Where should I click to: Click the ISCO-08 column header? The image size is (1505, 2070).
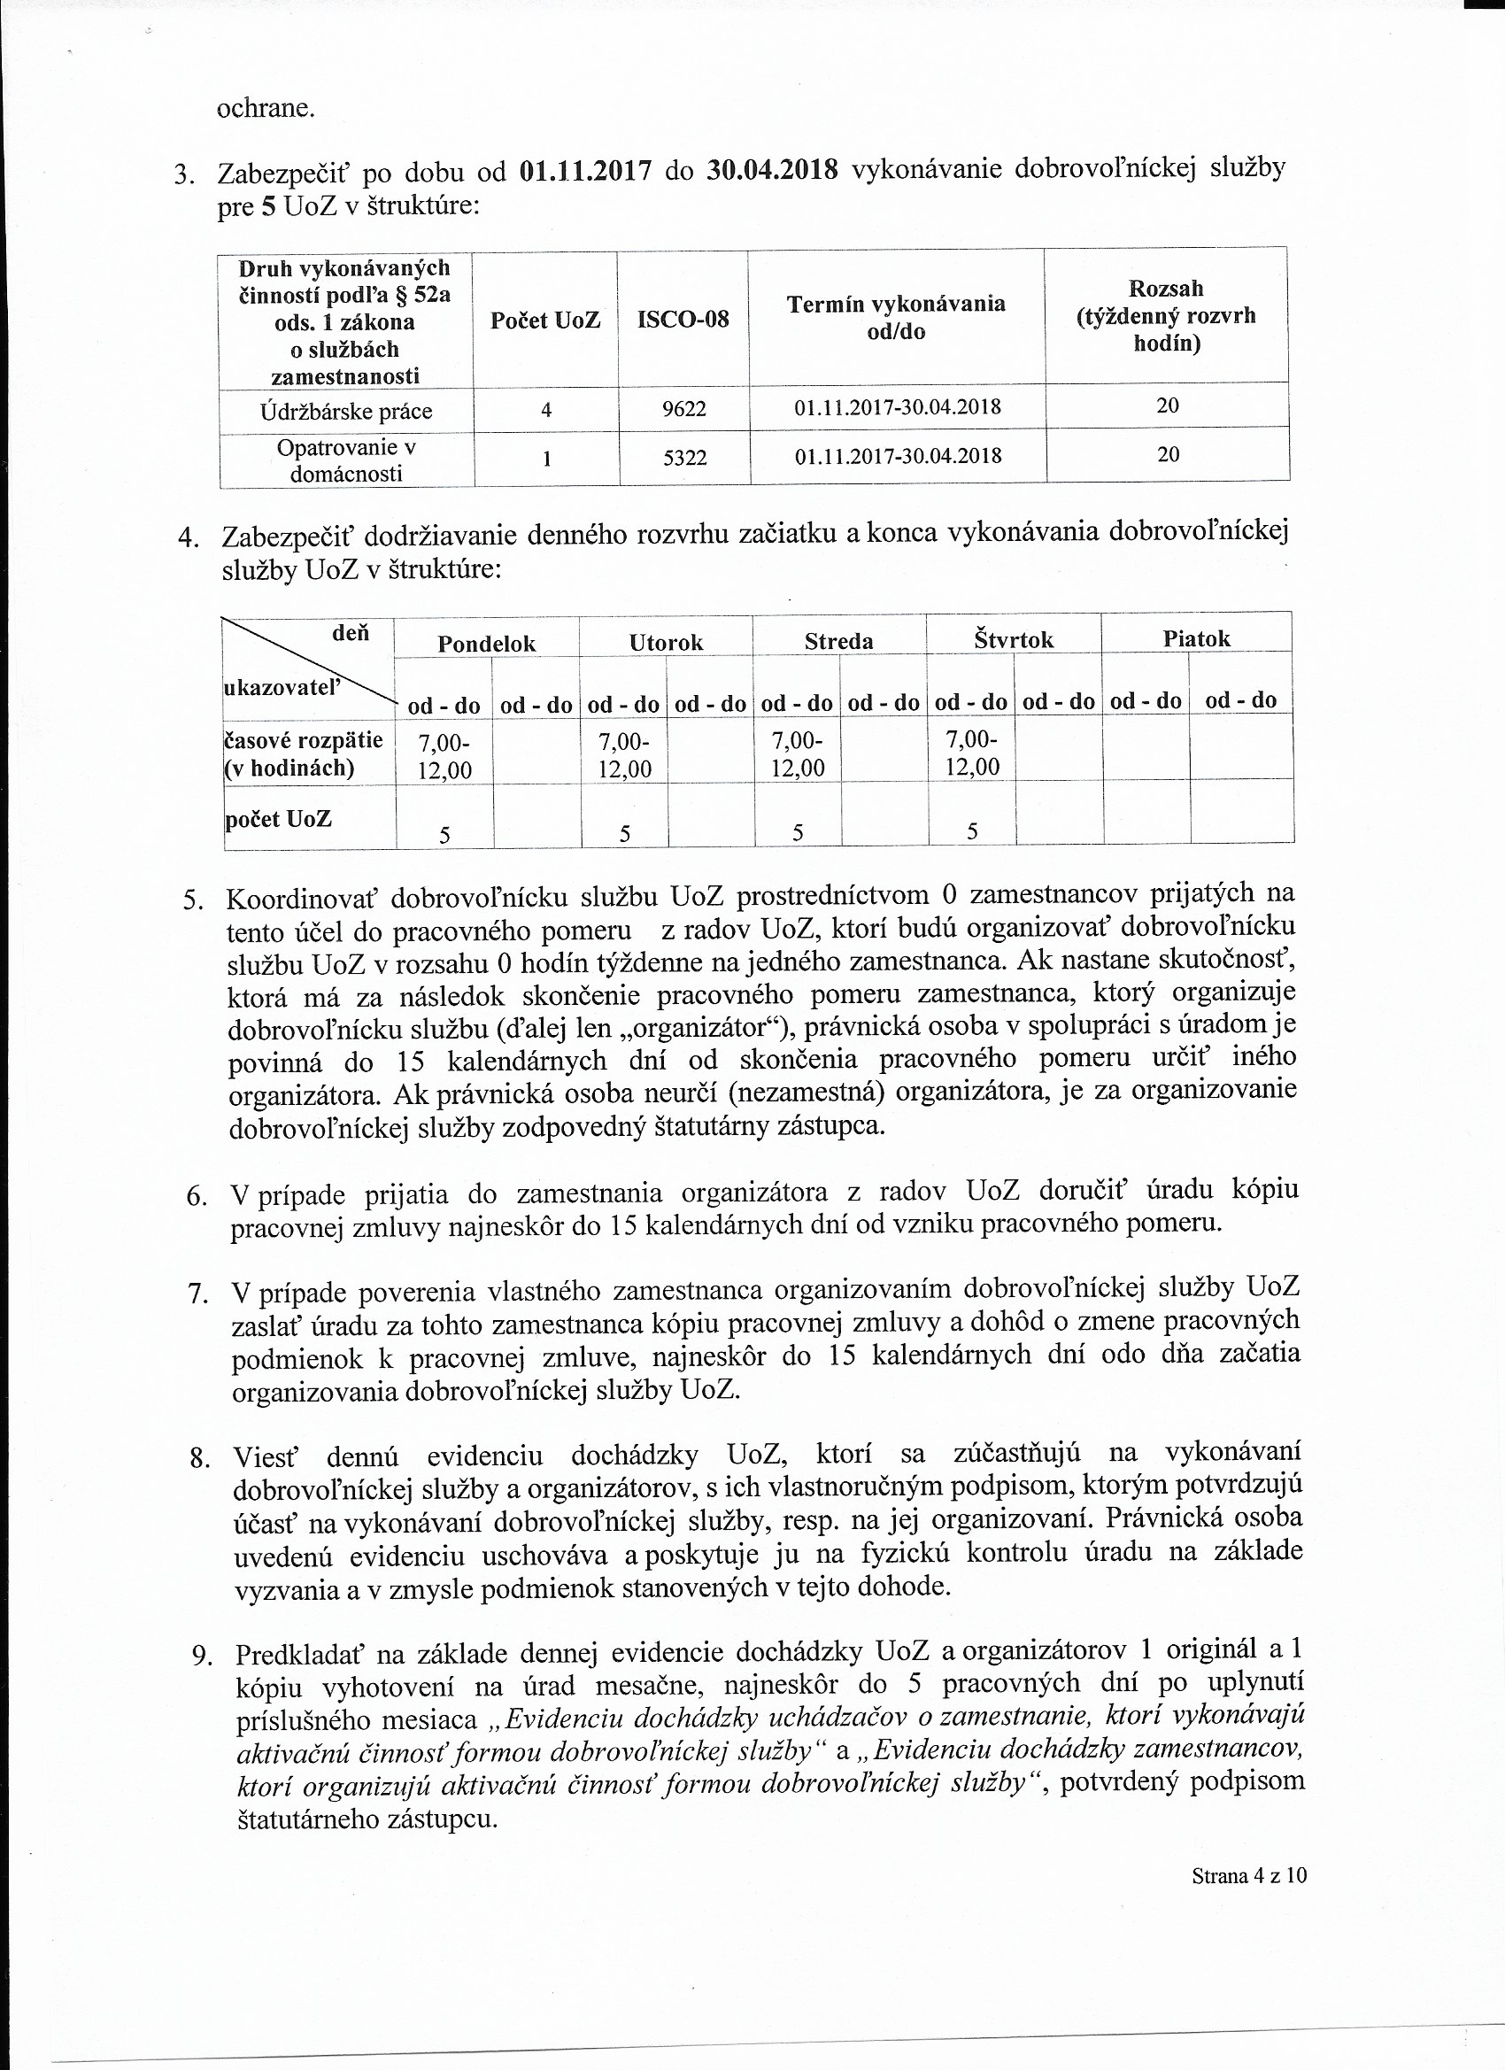tap(683, 321)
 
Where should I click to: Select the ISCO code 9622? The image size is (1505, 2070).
tap(683, 408)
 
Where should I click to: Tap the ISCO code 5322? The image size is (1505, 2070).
tap(684, 456)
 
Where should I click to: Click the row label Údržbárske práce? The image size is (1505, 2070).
tap(346, 411)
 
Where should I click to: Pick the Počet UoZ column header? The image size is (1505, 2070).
tap(544, 321)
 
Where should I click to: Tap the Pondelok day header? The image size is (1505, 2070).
tap(486, 644)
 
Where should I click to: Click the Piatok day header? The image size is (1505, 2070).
tap(1196, 639)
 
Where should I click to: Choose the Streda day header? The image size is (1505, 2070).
tap(838, 642)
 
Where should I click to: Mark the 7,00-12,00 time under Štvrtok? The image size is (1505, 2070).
tap(972, 753)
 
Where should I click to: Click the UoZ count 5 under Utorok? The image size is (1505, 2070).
tap(625, 832)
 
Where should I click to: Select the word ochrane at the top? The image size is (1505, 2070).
tap(266, 110)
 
